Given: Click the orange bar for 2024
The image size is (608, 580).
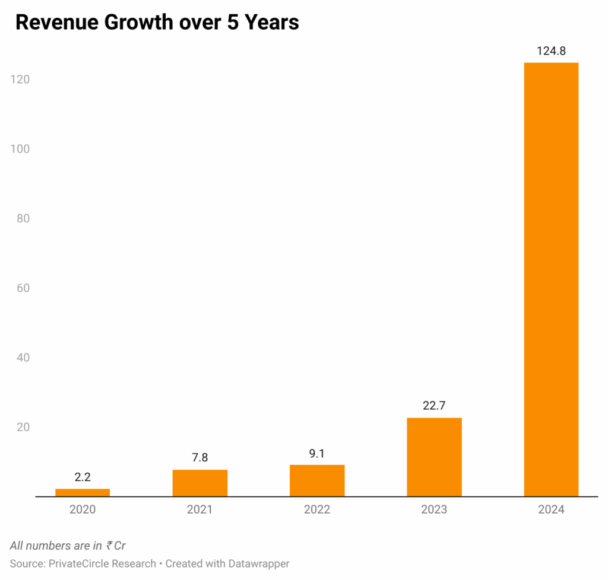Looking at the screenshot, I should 551,279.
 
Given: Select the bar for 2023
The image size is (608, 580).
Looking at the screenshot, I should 434,457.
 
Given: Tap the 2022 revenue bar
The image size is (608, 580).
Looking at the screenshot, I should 317,480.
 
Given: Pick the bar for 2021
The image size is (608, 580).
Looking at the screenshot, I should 200,483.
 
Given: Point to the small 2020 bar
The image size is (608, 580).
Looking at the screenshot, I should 83,492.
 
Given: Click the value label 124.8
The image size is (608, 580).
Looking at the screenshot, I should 551,51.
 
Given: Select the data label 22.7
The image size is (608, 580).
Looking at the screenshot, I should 434,406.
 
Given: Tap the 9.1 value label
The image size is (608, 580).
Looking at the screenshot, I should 317,454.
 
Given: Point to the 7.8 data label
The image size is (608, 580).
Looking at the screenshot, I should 200,458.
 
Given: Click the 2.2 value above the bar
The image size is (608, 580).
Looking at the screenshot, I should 83,477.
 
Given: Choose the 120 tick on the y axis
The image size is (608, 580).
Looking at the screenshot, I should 20,79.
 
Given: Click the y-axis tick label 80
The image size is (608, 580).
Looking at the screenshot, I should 23,218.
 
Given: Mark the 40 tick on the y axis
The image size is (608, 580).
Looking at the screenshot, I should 23,358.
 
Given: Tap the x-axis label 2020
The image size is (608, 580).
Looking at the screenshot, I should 83,509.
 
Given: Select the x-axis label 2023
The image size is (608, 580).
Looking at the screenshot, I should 434,509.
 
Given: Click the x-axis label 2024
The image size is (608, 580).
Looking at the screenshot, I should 551,509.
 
